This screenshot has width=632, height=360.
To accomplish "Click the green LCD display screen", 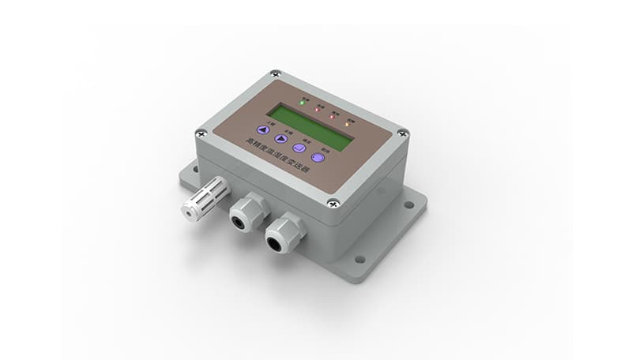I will (309, 126).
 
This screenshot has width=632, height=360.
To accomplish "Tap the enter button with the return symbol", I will (299, 148).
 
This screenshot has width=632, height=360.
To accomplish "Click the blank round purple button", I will (318, 157).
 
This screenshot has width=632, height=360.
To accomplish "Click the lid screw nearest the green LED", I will (275, 74).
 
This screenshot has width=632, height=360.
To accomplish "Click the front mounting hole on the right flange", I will (360, 258).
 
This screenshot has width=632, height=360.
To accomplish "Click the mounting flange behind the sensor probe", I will (190, 174).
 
